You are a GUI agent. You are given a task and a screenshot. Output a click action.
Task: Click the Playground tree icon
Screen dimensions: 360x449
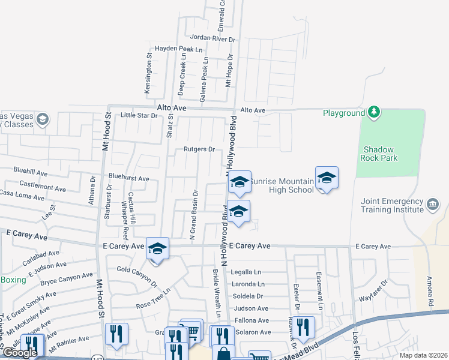click(374, 112)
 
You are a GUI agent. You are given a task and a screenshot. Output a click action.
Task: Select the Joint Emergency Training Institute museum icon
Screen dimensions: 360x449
click(432, 205)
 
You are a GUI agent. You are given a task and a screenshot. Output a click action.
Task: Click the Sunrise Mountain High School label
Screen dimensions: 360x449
click(281, 185)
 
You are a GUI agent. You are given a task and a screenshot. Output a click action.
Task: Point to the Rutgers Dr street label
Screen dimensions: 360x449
click(199, 149)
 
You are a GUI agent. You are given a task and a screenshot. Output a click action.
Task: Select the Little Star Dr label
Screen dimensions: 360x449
click(139, 115)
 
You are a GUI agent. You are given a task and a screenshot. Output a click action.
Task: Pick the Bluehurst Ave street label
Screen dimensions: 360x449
click(128, 178)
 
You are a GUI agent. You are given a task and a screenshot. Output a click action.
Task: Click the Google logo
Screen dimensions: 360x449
click(20, 353)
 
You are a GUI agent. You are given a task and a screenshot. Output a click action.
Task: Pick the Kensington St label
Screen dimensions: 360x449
click(148, 75)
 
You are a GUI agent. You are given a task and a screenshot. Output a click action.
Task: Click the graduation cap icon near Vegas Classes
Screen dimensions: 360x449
click(42, 120)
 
